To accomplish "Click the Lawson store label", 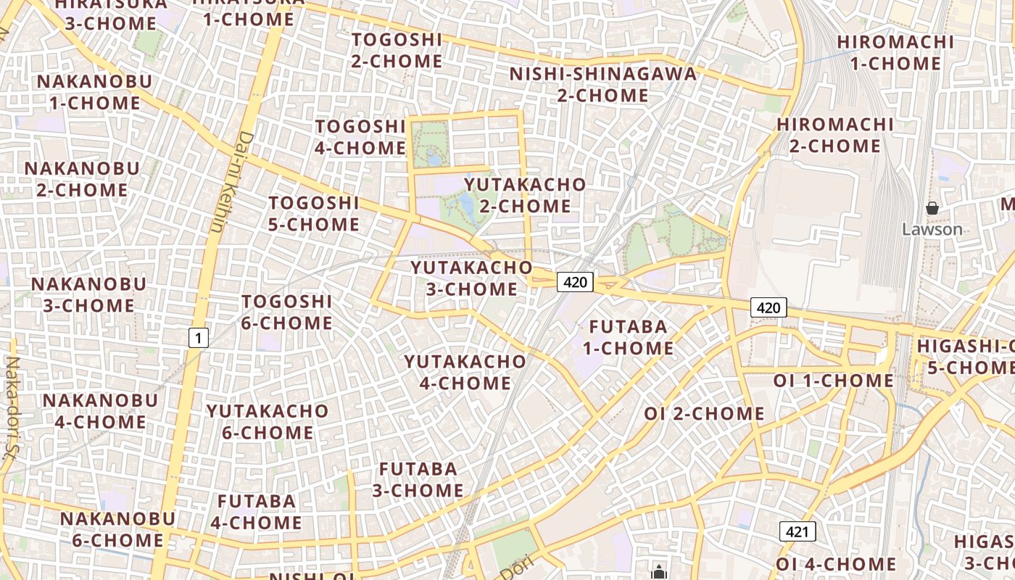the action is point(932,230).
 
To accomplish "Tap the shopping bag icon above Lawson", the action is point(932,209).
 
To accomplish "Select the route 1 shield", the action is point(198,337).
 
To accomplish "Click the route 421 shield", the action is point(797,532).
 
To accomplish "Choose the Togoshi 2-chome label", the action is point(397,50).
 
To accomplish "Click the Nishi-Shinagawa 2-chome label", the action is point(602,84).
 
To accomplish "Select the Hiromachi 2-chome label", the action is point(834,135).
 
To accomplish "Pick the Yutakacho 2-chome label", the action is point(525,195).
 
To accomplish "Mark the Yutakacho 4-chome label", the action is point(465,372).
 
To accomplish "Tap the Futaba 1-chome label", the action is point(628,337).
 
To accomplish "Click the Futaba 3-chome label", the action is point(418,479).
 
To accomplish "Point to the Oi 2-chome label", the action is point(704,414).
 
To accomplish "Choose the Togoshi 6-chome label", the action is point(286,312).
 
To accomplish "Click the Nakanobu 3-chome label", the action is point(88,294).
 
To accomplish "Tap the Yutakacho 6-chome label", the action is point(268,422).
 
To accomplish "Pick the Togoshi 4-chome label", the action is point(360,137).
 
